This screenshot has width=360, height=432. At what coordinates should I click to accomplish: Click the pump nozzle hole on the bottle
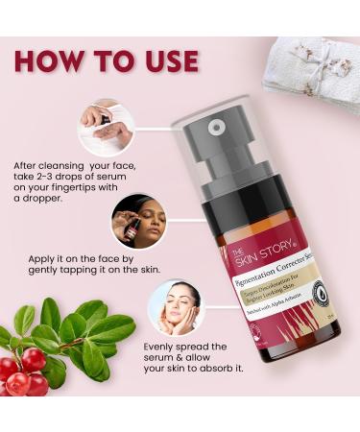pos(218,125)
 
